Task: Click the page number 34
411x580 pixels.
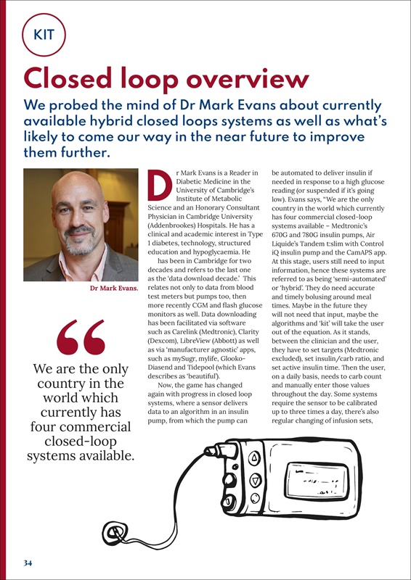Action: (27, 562)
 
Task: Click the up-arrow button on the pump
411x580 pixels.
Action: (256, 458)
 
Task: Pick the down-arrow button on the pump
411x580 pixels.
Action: (255, 480)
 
